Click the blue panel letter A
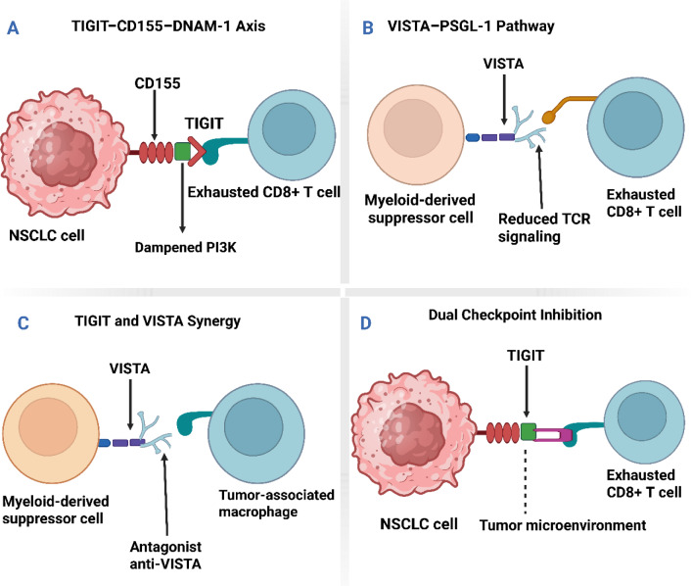click(x=14, y=28)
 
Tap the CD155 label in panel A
click(x=158, y=83)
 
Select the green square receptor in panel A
click(x=182, y=151)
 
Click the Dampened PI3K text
click(x=185, y=248)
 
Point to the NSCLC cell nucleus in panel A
click(x=63, y=154)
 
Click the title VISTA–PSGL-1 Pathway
click(x=471, y=26)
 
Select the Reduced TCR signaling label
click(x=544, y=227)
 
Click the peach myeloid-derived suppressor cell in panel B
click(x=416, y=134)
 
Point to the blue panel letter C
click(x=23, y=323)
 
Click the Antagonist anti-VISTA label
click(x=165, y=555)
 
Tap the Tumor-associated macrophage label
click(x=276, y=503)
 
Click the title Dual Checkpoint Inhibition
click(x=515, y=315)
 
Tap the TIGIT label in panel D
click(x=526, y=356)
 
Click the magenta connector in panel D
click(x=553, y=435)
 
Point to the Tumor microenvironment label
click(x=563, y=525)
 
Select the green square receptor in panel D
click(x=529, y=432)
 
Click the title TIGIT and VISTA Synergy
click(x=158, y=320)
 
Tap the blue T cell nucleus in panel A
click(x=289, y=128)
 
